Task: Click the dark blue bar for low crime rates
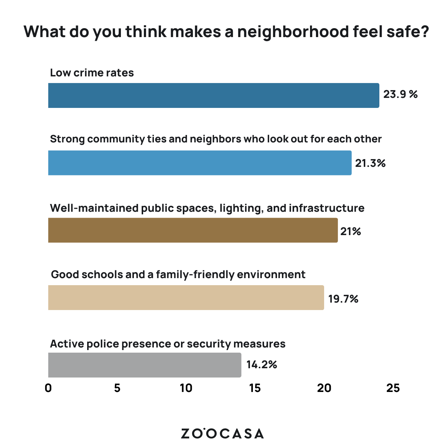click(x=214, y=95)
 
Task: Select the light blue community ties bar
click(x=200, y=163)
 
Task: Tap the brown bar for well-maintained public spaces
click(x=193, y=230)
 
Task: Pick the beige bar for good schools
click(x=186, y=297)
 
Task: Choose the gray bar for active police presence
click(x=145, y=365)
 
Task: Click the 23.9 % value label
click(x=400, y=94)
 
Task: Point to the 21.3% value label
click(x=370, y=163)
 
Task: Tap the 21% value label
click(x=350, y=231)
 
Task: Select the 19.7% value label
click(x=343, y=299)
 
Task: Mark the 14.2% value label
click(x=261, y=365)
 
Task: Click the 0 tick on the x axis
click(x=48, y=388)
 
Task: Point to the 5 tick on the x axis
click(x=117, y=388)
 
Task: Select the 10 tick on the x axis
click(x=186, y=388)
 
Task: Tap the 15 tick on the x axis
click(x=255, y=388)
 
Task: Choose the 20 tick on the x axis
click(x=324, y=388)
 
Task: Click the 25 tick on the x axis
click(x=393, y=388)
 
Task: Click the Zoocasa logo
click(x=222, y=433)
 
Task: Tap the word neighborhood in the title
click(x=293, y=32)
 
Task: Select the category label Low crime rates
click(x=92, y=72)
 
